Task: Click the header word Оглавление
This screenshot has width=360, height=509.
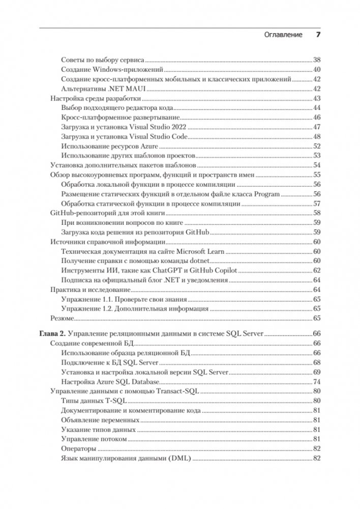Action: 284,35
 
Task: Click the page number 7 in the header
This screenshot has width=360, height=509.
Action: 318,35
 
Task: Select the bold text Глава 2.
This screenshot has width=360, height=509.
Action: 53,334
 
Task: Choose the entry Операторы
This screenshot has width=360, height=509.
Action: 78,449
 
